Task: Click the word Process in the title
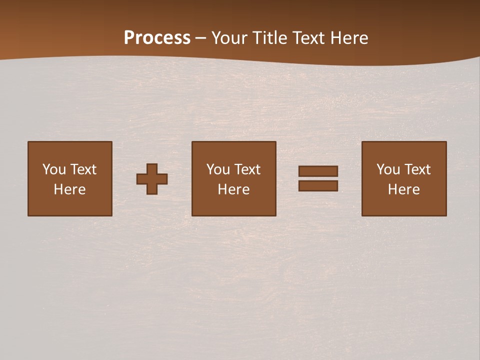tap(157, 38)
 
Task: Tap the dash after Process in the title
tap(201, 38)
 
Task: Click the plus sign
tap(152, 178)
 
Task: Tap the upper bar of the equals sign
tap(318, 171)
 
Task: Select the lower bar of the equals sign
tap(318, 185)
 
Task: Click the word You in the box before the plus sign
tap(54, 169)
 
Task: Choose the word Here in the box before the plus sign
tap(69, 189)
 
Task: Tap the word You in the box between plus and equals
tap(218, 169)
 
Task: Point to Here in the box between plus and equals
tap(233, 189)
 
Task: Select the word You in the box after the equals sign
tap(388, 169)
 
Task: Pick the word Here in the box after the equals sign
tap(403, 189)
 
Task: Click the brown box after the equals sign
tap(404, 205)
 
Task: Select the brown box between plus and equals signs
tap(233, 205)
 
